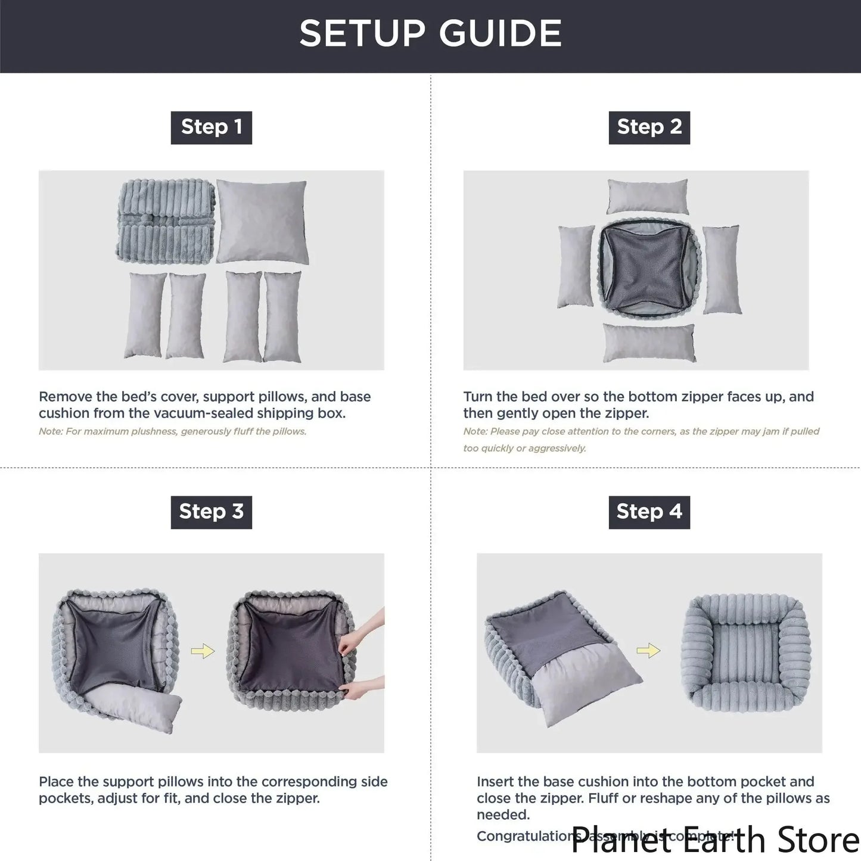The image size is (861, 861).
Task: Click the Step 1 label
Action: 212,128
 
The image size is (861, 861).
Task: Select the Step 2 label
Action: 649,128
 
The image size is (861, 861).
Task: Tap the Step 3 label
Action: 212,512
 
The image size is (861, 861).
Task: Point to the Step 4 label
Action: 649,512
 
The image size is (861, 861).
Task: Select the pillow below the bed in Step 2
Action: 649,343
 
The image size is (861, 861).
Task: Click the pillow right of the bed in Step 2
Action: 722,269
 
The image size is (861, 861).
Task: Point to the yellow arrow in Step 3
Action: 203,651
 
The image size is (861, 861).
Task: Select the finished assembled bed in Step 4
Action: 746,652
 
